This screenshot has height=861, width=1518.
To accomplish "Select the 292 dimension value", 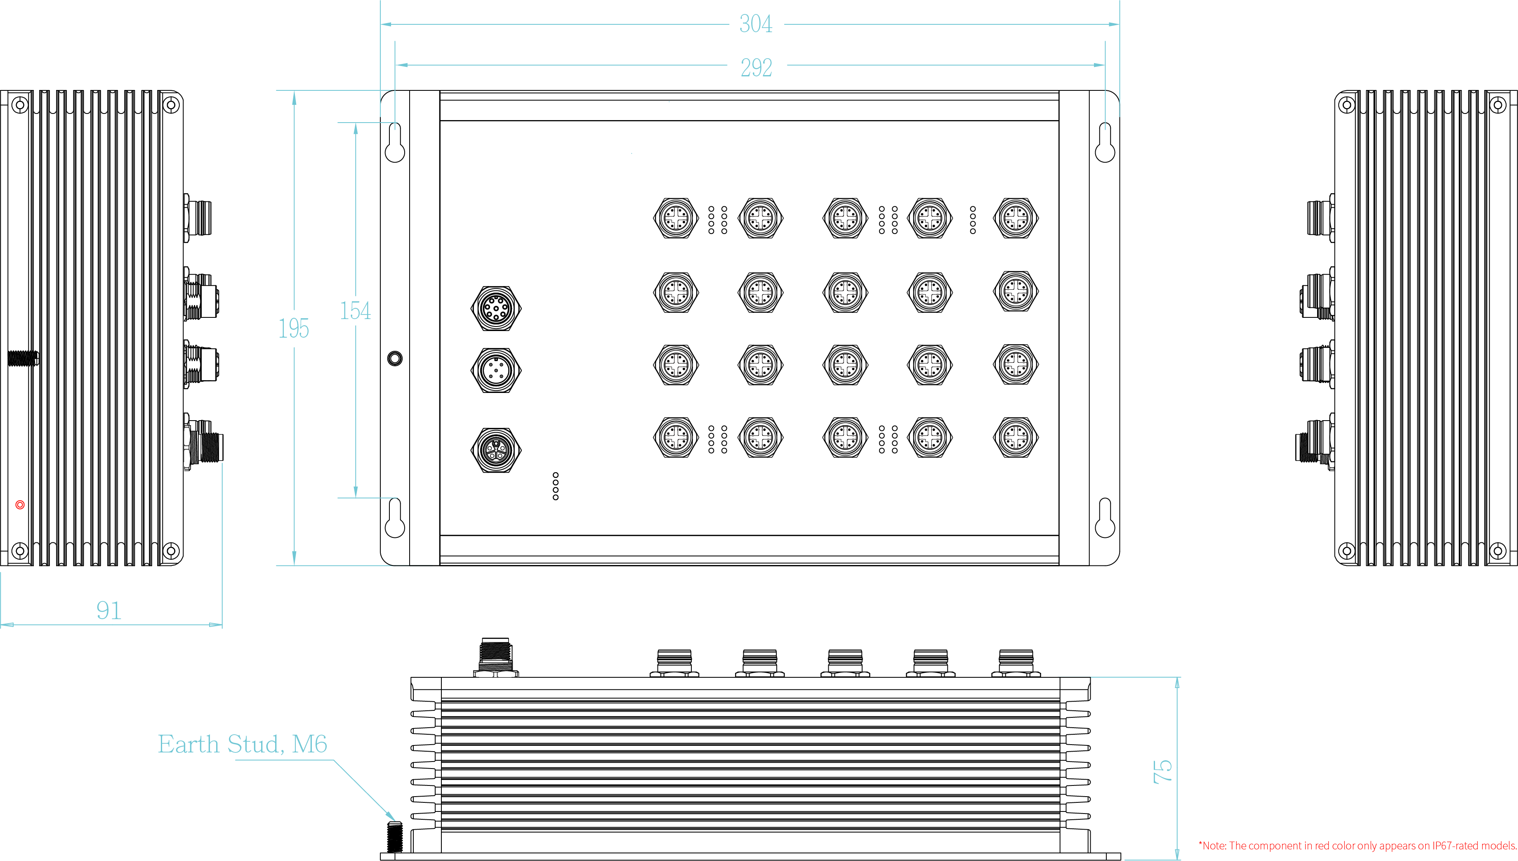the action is click(757, 67).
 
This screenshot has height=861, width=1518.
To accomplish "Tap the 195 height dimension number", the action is click(294, 328).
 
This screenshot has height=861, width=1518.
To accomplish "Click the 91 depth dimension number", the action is click(109, 611).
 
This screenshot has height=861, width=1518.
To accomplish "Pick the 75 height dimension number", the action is click(1162, 771).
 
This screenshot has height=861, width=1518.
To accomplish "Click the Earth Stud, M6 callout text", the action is click(242, 744).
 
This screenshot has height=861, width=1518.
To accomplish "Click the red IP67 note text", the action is click(1357, 846).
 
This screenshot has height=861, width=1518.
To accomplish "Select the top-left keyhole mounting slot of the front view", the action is click(395, 144).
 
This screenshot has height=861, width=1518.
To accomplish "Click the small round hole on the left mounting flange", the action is click(395, 358).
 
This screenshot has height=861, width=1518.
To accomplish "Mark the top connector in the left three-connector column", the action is click(496, 307).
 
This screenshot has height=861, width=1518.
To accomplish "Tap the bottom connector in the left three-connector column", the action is click(496, 450).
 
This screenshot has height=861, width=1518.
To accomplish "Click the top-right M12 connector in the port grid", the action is click(1015, 218).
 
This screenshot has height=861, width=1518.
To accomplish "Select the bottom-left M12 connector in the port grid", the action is click(676, 438).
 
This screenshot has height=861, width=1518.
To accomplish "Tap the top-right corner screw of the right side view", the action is click(1498, 105).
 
